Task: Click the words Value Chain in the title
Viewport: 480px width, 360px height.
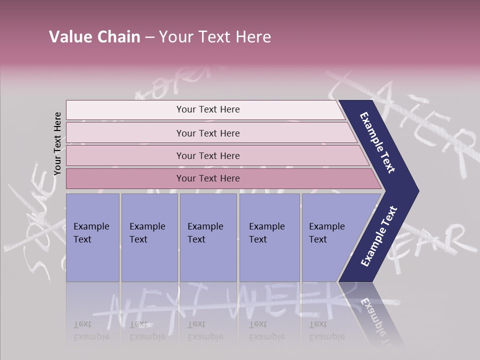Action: point(94,37)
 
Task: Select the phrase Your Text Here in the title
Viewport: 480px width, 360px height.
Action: point(215,37)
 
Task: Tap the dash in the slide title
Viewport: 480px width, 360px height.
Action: point(149,37)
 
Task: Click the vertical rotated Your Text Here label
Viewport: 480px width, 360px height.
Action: point(57,143)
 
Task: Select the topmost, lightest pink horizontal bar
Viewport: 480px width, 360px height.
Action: point(208,109)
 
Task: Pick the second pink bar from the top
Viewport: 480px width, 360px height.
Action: point(208,133)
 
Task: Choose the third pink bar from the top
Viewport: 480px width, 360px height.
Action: point(208,155)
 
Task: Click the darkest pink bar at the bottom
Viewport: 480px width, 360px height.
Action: point(208,178)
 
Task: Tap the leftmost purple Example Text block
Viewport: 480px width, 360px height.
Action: point(92,237)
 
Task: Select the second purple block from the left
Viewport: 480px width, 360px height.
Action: point(149,237)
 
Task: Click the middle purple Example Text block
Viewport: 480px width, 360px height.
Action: point(208,237)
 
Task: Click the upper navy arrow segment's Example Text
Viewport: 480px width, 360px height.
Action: point(378,142)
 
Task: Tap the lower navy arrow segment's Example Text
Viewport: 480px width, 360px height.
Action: point(379,236)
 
